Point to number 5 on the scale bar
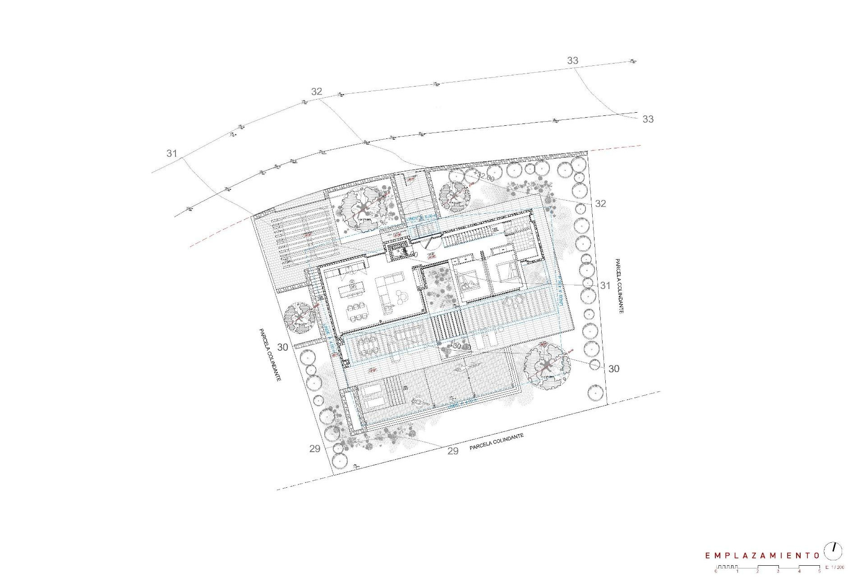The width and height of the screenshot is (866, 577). click(820, 572)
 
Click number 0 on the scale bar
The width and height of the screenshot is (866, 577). click(716, 572)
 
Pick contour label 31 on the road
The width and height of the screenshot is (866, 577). click(171, 153)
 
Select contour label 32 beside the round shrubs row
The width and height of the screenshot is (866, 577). click(600, 203)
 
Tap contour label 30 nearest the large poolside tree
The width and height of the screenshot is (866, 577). click(613, 369)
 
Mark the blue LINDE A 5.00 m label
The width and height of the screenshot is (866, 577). click(422, 218)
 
